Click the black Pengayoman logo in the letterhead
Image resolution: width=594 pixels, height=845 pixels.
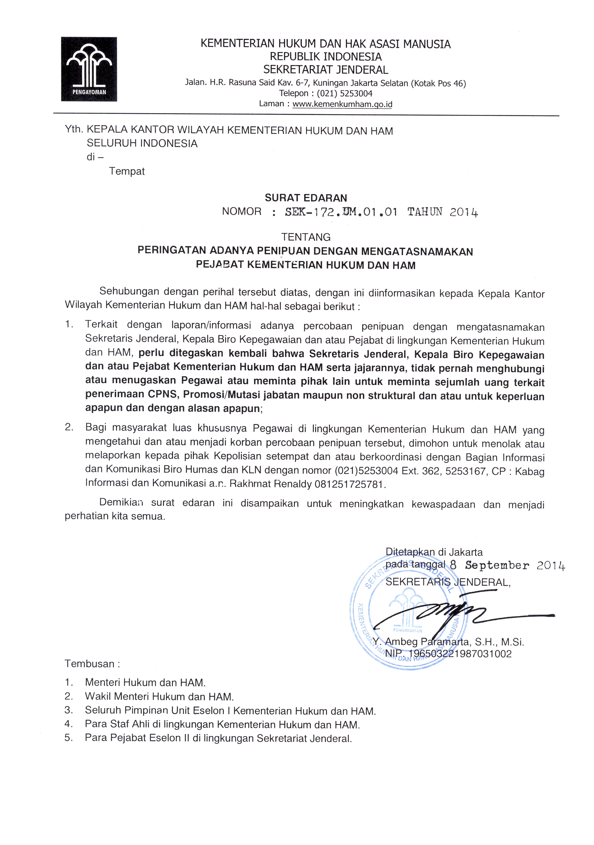pos(89,69)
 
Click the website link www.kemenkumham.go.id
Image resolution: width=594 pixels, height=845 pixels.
pos(342,104)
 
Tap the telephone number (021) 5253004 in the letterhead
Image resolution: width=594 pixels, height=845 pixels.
pos(344,94)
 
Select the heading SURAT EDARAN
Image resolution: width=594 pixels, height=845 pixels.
pos(306,198)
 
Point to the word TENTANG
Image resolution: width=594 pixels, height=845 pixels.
pos(306,237)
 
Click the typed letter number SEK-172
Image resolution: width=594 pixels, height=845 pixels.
pos(309,213)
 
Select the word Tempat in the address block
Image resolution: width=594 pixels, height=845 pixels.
pos(127,171)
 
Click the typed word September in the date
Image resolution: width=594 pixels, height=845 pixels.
pos(497,565)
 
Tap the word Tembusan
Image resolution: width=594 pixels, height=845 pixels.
pos(90,664)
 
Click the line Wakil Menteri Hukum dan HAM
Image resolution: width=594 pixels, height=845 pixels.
pos(159,697)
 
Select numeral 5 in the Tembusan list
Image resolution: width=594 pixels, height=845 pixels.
pos(68,738)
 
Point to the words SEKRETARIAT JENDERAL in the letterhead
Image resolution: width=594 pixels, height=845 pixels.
pos(325,70)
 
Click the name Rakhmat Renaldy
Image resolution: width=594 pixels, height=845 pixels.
pos(270,484)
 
